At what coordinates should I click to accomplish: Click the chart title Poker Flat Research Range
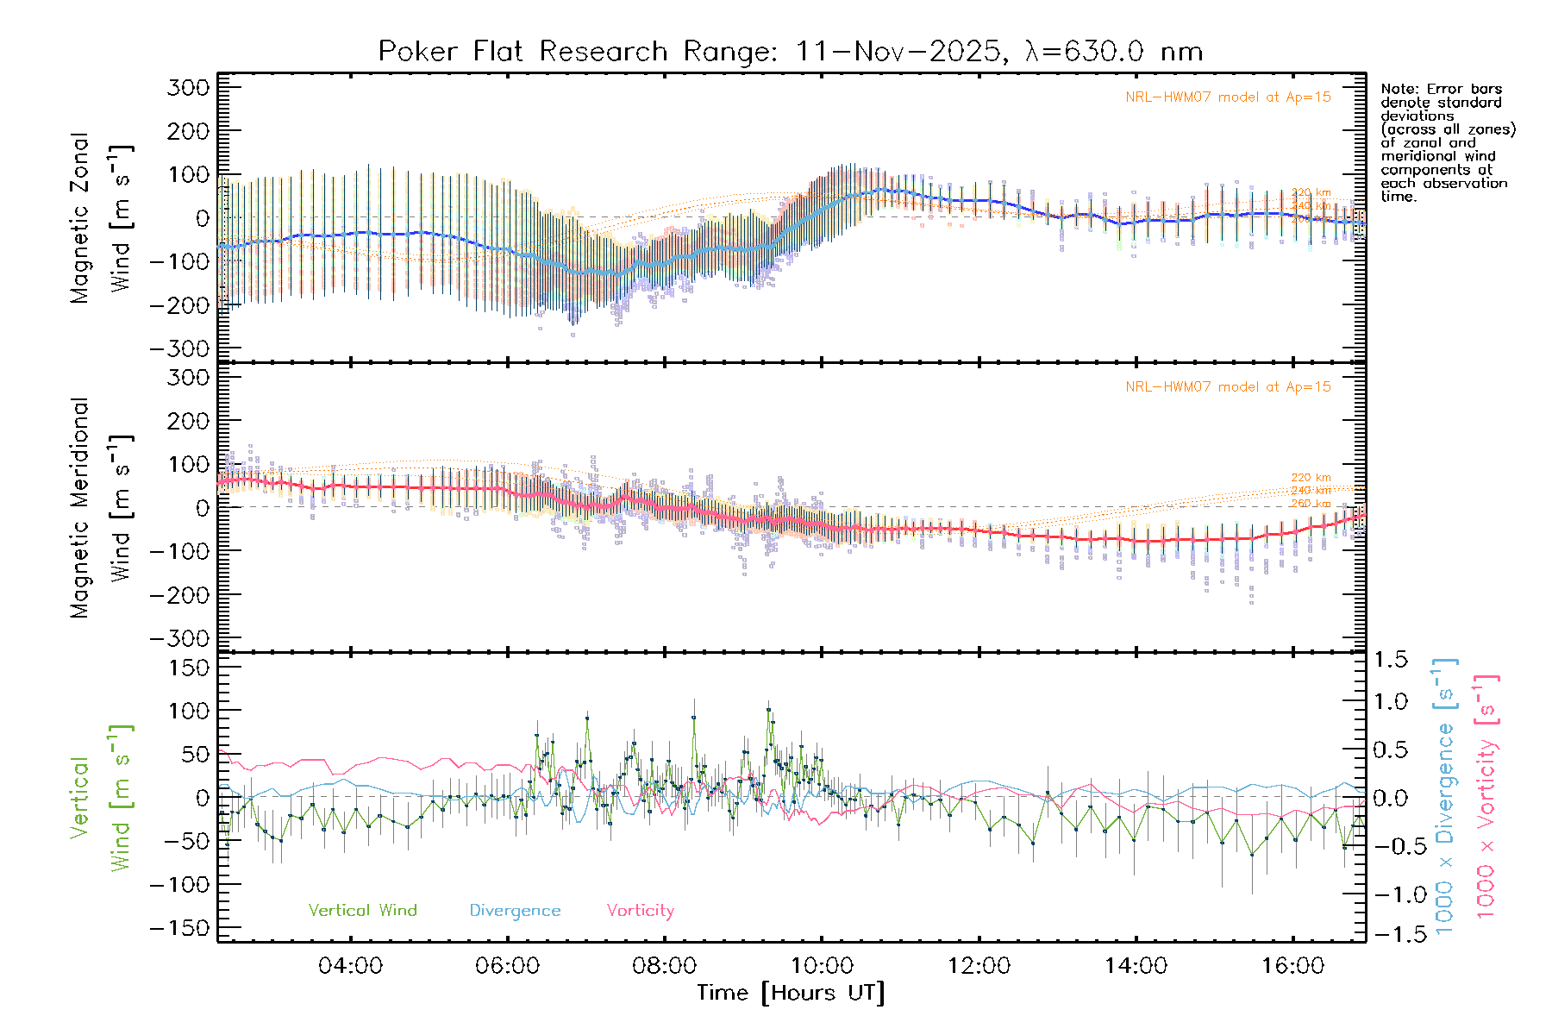point(790,52)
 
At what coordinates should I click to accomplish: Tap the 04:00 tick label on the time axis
point(350,966)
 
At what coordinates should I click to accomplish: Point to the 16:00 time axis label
point(1292,966)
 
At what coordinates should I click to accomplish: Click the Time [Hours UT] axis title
point(791,993)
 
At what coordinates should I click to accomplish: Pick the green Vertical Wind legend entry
point(362,910)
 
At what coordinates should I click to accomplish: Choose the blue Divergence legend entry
point(515,910)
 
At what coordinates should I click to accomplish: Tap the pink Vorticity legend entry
point(640,910)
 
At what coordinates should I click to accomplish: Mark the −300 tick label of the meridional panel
point(180,638)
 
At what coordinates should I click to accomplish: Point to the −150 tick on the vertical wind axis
point(180,928)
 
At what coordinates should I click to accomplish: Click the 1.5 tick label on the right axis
point(1391,660)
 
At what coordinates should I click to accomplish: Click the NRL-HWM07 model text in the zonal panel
point(1228,97)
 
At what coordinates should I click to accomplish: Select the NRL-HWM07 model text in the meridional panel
point(1228,387)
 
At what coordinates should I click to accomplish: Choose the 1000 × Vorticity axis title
point(1486,797)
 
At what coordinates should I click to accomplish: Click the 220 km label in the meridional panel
point(1311,477)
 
